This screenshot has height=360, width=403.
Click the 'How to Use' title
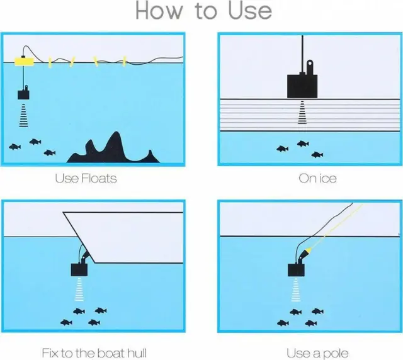tap(203, 11)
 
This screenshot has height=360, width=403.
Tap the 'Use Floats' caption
tap(86, 178)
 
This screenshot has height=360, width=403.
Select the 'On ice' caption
tap(317, 178)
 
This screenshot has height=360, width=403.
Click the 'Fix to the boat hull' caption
tap(94, 353)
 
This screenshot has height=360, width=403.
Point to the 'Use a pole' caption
tap(317, 353)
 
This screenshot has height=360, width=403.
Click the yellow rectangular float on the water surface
tap(24, 62)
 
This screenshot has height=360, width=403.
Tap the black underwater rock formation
tap(113, 149)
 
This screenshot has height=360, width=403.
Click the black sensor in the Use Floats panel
tap(23, 94)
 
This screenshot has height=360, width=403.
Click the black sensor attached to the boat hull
tap(79, 270)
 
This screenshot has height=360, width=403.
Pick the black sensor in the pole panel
tap(296, 270)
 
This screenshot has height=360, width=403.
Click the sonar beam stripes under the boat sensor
tap(79, 290)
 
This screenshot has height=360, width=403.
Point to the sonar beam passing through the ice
tap(302, 113)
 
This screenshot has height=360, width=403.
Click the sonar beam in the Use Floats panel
tap(24, 115)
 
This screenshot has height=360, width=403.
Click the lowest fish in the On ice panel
tap(317, 155)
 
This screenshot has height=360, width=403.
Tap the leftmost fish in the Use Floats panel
tap(15, 147)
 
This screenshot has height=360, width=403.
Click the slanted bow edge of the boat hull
tap(79, 237)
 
